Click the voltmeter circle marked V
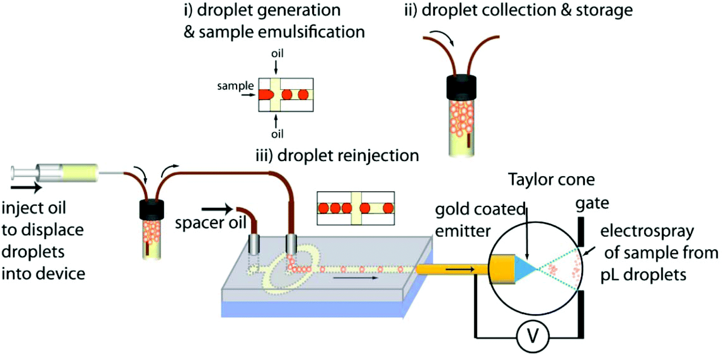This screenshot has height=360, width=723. [532, 337]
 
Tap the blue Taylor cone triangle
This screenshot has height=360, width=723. [524, 269]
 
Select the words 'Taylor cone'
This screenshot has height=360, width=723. [551, 180]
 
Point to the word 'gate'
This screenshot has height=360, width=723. [592, 204]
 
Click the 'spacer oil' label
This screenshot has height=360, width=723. [210, 222]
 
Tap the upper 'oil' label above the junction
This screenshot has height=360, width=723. [277, 54]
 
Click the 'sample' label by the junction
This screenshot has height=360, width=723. [235, 86]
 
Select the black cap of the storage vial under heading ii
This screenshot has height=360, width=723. [461, 87]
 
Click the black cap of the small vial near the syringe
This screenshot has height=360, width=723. [152, 210]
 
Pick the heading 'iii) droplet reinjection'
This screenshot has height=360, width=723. [337, 155]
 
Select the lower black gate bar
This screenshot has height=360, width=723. [581, 314]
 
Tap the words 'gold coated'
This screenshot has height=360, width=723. [480, 209]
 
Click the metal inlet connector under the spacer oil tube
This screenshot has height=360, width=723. [253, 244]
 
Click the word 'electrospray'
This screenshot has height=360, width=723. [647, 231]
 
